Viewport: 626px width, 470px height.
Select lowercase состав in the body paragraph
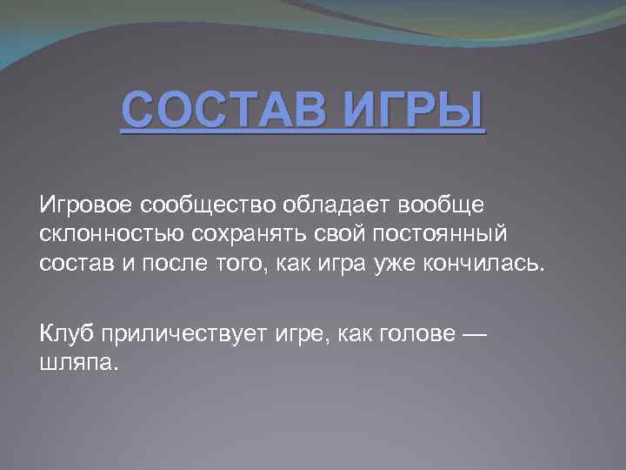[76, 265]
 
